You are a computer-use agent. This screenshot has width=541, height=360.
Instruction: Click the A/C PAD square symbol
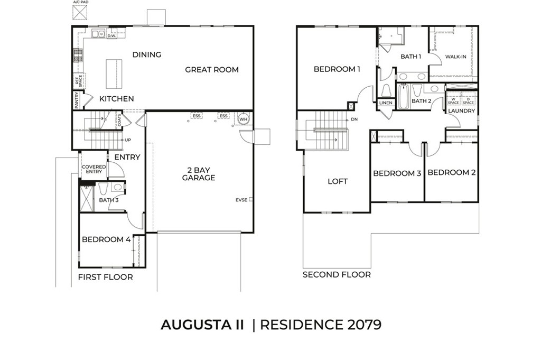point(80,13)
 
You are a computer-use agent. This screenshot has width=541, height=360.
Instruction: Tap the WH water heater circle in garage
point(243,119)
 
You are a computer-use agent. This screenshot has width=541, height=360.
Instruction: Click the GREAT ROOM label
point(211,69)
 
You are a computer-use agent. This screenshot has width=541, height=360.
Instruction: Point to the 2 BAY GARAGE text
point(199,174)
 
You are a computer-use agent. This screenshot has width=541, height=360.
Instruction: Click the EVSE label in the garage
point(241,200)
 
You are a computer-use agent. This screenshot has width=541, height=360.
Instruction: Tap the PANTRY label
point(76,100)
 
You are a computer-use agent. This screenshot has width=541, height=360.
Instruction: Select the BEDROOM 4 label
point(106,239)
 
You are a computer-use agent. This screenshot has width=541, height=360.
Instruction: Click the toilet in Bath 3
point(103,188)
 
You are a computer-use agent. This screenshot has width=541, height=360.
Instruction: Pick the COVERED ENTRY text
point(93,169)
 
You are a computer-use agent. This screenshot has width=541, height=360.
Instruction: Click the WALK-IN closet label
point(455,57)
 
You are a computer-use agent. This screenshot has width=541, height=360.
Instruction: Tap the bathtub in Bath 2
point(403,97)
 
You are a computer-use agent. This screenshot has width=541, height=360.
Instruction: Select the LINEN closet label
point(386,103)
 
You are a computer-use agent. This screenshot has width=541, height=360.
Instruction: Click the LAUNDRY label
point(462,110)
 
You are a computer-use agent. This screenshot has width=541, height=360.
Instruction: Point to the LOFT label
point(338,181)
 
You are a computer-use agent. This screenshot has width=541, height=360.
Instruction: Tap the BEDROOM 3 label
point(397,173)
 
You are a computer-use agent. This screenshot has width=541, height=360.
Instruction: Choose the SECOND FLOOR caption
point(337,275)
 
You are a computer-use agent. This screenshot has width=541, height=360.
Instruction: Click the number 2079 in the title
point(362,325)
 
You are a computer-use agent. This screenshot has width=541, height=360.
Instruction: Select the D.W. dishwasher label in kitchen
point(111,36)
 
